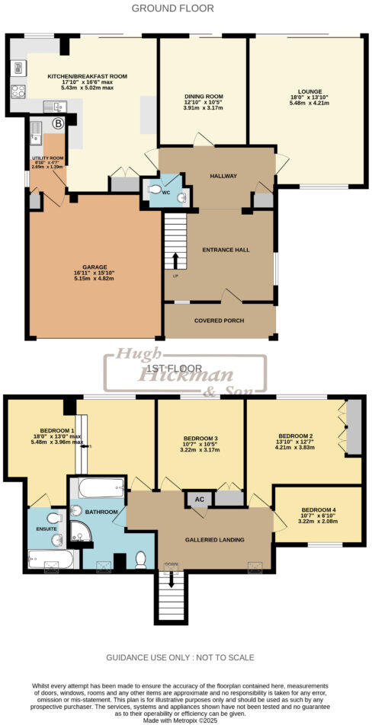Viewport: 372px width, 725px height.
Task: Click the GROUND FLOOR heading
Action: coord(172,8)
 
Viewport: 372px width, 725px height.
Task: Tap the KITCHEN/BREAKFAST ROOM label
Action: coord(87,77)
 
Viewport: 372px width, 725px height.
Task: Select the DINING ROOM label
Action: coord(203,97)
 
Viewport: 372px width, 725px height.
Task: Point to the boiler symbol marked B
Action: coord(57,123)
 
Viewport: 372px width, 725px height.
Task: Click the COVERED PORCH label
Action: coord(220,321)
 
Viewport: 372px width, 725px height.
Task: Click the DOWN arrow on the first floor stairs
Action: coord(171,579)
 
